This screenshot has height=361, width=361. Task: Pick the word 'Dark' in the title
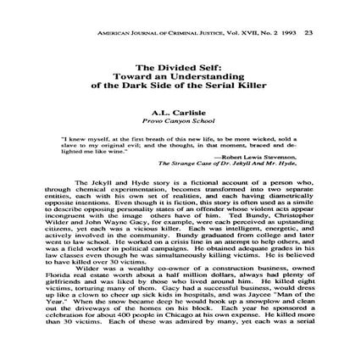point(158,80)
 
